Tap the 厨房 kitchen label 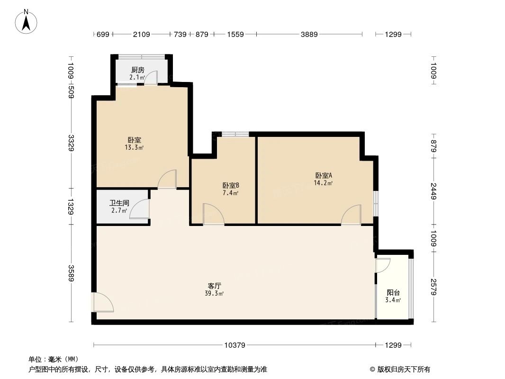(138, 70)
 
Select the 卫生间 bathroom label (119, 202)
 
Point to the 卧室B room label (231, 185)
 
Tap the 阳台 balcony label (393, 293)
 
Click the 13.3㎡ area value (134, 147)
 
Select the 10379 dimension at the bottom (234, 345)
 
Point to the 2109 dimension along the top (141, 34)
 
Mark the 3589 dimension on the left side (71, 272)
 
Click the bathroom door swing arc (139, 209)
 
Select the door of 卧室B (213, 214)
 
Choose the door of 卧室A (351, 215)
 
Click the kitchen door (151, 78)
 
